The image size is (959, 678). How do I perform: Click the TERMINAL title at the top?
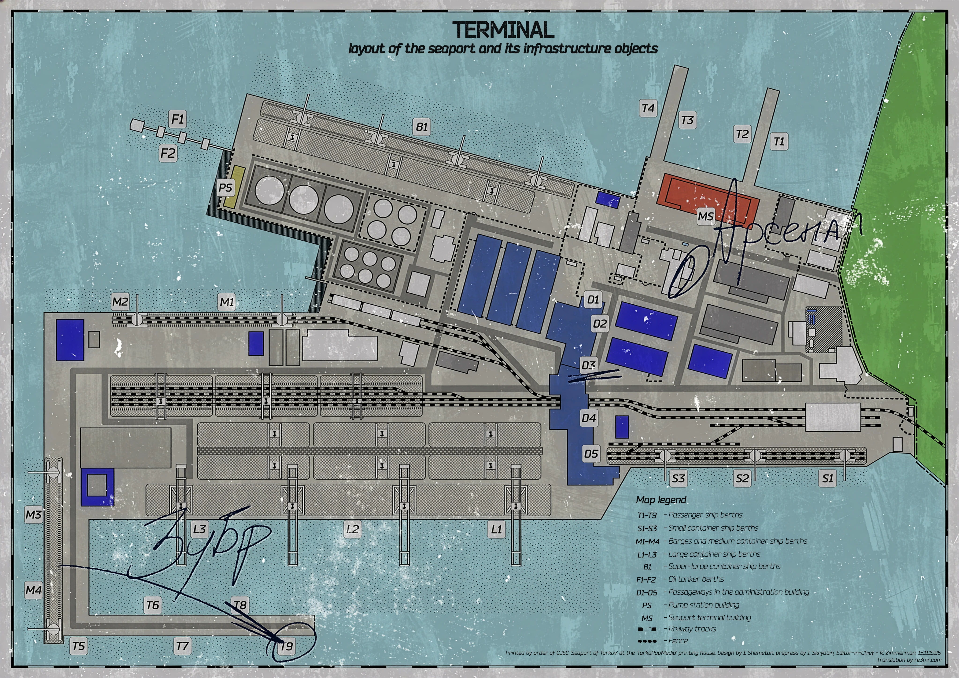pos(503,30)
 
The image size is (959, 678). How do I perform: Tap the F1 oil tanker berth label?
pos(177,119)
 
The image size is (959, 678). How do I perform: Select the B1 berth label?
pos(422,127)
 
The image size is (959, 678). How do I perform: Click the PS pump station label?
pos(225,188)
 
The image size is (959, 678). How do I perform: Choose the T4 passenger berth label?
pos(648,109)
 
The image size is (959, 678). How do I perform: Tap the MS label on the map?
pos(705,216)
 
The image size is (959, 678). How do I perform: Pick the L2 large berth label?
pos(353,529)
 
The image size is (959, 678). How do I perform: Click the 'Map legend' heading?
pos(661,500)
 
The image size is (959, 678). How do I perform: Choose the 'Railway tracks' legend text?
pos(692,629)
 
